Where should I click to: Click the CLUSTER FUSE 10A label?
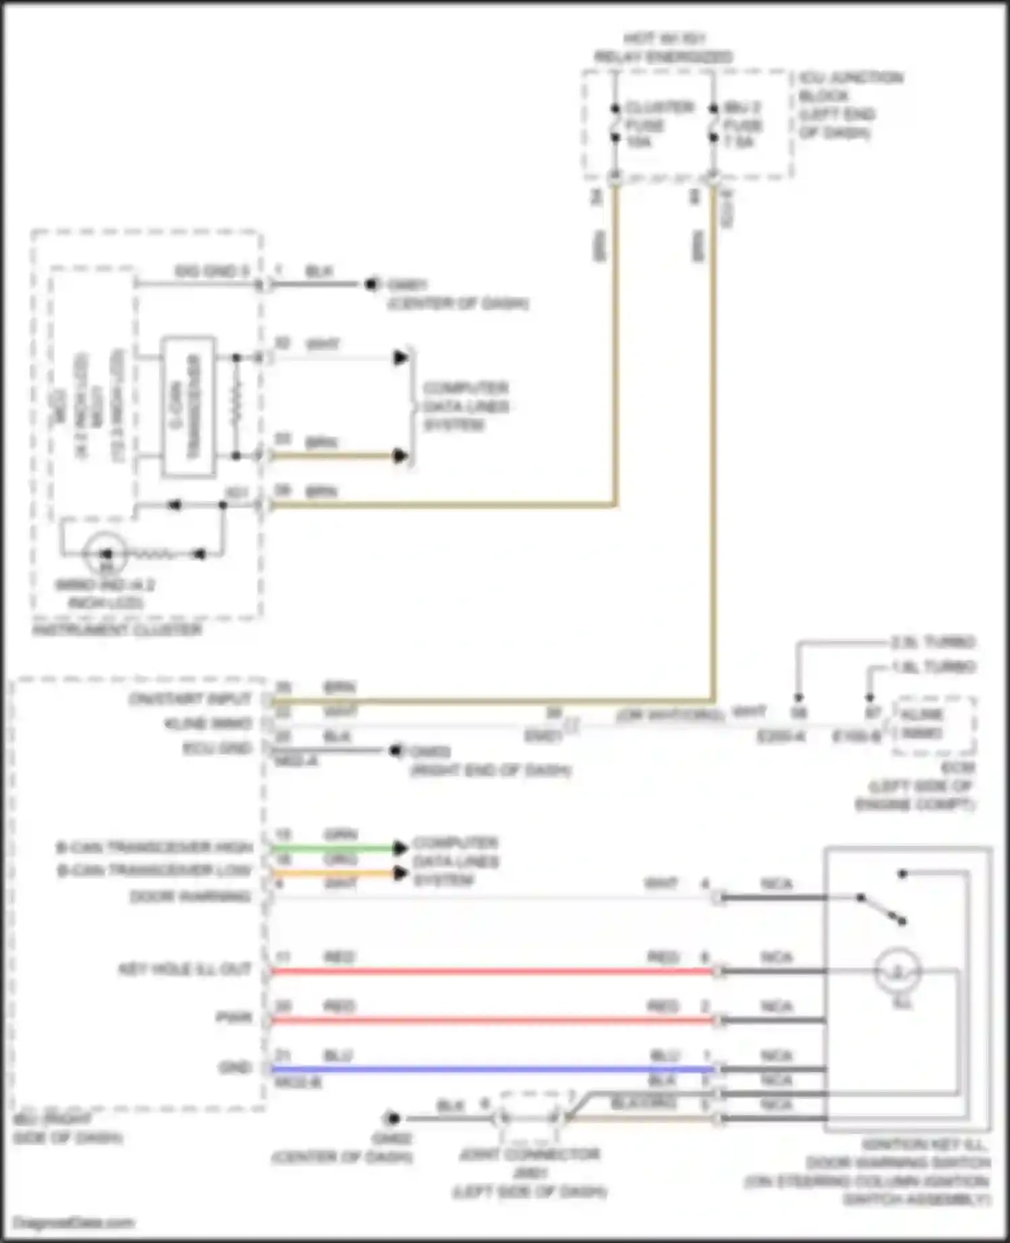[x=649, y=125]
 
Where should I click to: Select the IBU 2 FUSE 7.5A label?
[x=742, y=125]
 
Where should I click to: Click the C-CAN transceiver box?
[x=188, y=407]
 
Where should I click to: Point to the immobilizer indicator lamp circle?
[x=105, y=554]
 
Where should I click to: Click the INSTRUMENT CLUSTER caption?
[x=117, y=630]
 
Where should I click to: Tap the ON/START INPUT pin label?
[x=190, y=700]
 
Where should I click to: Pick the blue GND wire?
[x=492, y=1069]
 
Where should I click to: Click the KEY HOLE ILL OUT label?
[x=184, y=970]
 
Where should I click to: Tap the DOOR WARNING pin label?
[x=190, y=897]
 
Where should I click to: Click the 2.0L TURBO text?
[x=932, y=642]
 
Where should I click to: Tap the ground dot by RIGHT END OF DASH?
[x=395, y=750]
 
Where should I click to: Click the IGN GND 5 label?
[x=211, y=271]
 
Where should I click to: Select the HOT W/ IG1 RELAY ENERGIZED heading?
[x=663, y=48]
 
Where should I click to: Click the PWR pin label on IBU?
[x=234, y=1017]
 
